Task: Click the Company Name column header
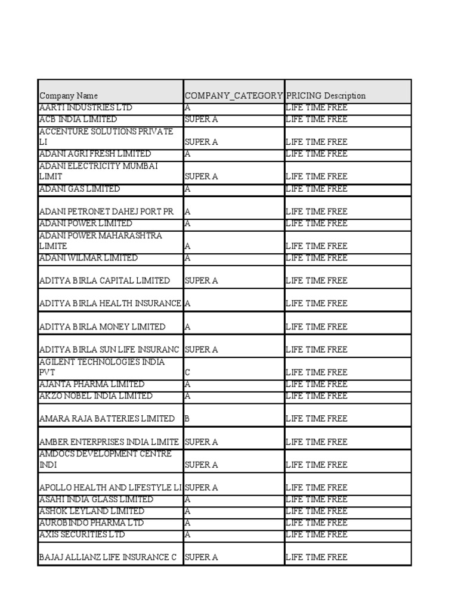pyautogui.click(x=69, y=95)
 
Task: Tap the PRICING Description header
pyautogui.click(x=326, y=95)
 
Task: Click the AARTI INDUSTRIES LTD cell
pyautogui.click(x=86, y=108)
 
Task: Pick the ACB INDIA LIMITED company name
pyautogui.click(x=78, y=119)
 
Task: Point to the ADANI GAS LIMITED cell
pyautogui.click(x=79, y=189)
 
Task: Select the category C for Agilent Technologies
pyautogui.click(x=188, y=372)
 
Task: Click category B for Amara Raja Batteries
pyautogui.click(x=188, y=419)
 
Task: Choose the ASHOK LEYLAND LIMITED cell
pyautogui.click(x=91, y=511)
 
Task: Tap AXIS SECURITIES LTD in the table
pyautogui.click(x=82, y=534)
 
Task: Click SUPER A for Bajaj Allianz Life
pyautogui.click(x=202, y=558)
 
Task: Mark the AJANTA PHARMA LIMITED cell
pyautogui.click(x=91, y=384)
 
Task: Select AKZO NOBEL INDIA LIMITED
pyautogui.click(x=95, y=396)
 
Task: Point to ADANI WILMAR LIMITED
pyautogui.click(x=88, y=258)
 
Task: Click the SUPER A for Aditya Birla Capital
pyautogui.click(x=202, y=281)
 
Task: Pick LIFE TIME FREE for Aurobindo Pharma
pyautogui.click(x=316, y=522)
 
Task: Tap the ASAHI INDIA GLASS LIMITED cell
pyautogui.click(x=96, y=499)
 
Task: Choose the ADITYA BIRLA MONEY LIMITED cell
pyautogui.click(x=102, y=327)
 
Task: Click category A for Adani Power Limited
pyautogui.click(x=188, y=223)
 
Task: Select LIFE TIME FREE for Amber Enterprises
pyautogui.click(x=316, y=442)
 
